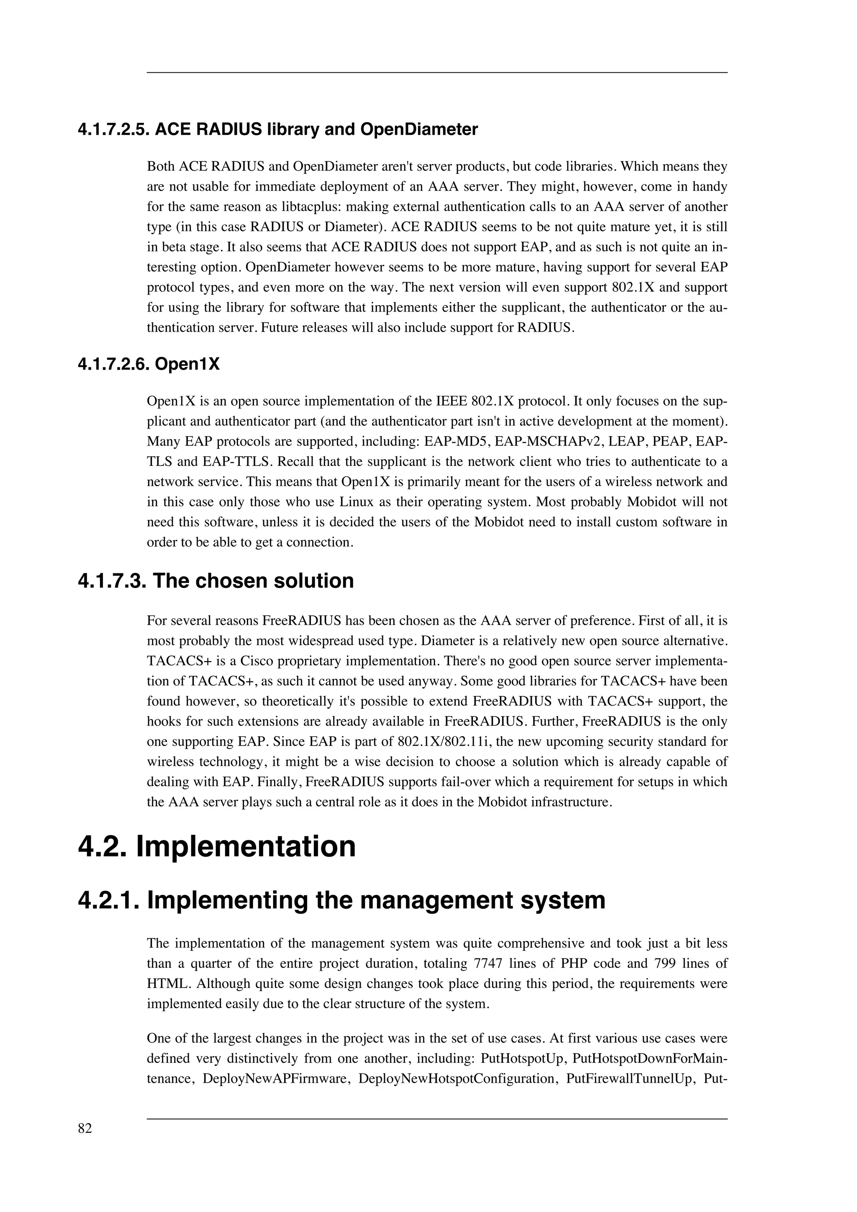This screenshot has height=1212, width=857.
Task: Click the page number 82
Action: pyautogui.click(x=85, y=1129)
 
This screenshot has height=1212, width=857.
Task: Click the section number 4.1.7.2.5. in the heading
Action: pyautogui.click(x=113, y=129)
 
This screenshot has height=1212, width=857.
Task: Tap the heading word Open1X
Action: pyautogui.click(x=187, y=364)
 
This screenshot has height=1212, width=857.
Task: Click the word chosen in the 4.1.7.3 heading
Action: pyautogui.click(x=234, y=580)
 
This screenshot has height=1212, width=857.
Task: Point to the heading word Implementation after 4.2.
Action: pyautogui.click(x=246, y=847)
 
